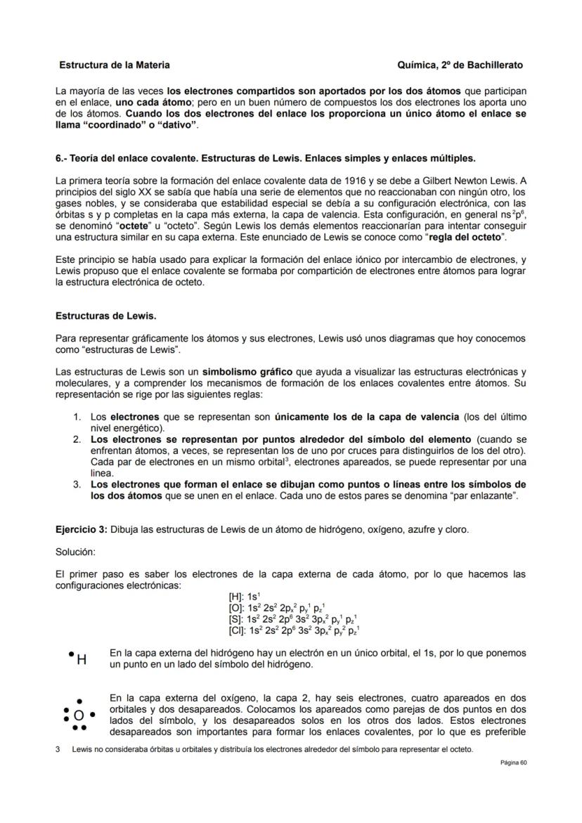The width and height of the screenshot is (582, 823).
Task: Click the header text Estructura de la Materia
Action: click(x=114, y=65)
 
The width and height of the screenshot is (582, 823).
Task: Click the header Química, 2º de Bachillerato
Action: click(x=460, y=65)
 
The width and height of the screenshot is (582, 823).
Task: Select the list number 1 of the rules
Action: click(x=77, y=417)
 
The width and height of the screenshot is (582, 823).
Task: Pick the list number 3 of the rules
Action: click(x=77, y=484)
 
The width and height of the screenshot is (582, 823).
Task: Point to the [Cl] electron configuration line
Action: click(x=290, y=630)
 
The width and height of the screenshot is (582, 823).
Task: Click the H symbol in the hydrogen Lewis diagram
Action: click(x=82, y=660)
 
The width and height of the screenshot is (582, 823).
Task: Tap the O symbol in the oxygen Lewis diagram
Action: click(x=79, y=715)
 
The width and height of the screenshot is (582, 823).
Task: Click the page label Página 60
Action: click(x=513, y=763)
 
